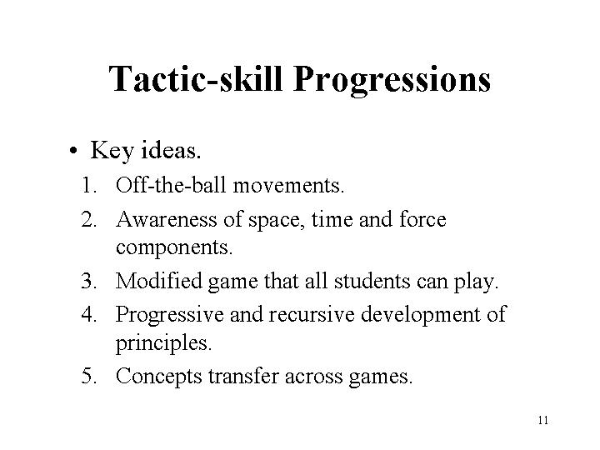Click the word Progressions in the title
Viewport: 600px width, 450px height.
[x=392, y=80]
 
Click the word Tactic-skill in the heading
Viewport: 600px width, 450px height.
[x=196, y=78]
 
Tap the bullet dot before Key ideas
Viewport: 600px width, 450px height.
[x=74, y=150]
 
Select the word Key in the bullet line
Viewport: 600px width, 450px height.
[x=112, y=150]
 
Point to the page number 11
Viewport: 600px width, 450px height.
[x=543, y=420]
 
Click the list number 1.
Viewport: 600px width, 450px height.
[x=89, y=186]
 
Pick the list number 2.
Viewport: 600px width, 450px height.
[x=89, y=220]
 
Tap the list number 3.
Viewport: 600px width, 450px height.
[x=89, y=281]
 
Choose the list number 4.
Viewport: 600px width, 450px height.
[x=89, y=314]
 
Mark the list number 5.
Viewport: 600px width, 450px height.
[x=89, y=376]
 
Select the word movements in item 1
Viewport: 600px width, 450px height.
[x=288, y=187]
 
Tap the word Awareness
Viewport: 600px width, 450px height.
[x=167, y=219]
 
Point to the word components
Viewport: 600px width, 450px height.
[x=174, y=248]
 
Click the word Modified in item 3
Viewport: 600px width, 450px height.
[x=159, y=281]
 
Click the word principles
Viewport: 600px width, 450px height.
[x=163, y=342]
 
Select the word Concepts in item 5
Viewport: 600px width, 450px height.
[x=159, y=377]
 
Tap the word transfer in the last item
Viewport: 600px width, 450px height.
[x=243, y=376]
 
